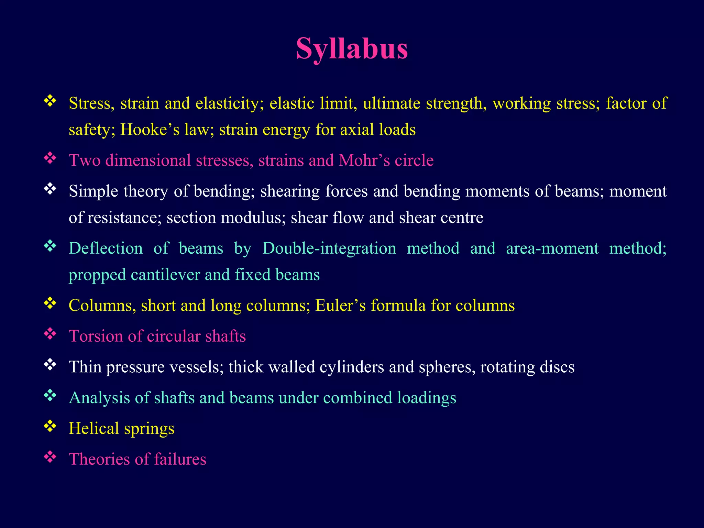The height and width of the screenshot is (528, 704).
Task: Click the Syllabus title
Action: point(352,49)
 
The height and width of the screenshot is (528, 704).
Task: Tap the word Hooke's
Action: point(150,130)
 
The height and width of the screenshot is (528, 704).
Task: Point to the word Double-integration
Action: point(329,249)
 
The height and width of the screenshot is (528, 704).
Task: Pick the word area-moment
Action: point(552,249)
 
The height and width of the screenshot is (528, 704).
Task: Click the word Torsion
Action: point(96,336)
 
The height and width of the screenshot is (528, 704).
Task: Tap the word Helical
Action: point(93,429)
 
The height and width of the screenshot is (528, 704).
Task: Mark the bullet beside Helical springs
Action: point(50,426)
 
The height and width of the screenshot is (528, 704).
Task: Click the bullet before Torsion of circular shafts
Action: point(50,333)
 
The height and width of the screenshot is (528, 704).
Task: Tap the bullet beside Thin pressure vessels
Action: point(50,364)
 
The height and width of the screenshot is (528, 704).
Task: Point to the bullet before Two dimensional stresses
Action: point(50,158)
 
